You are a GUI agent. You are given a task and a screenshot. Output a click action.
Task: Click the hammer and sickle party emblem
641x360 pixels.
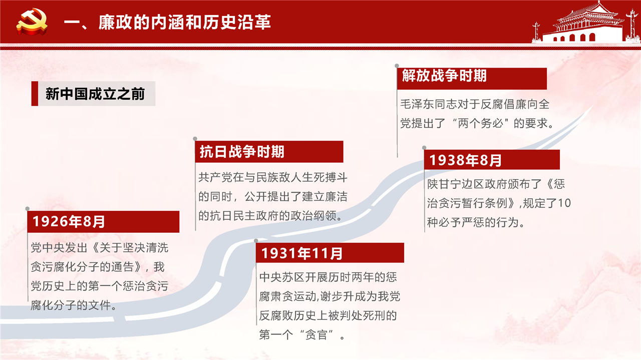(x=32, y=22)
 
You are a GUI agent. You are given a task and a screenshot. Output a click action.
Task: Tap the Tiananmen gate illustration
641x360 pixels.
(x=586, y=23)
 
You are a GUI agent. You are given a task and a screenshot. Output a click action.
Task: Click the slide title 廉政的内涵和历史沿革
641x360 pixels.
(x=185, y=23)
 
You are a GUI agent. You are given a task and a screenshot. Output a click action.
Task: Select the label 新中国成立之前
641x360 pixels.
(x=95, y=94)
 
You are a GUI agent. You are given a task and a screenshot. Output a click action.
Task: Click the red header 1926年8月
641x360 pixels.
(x=103, y=221)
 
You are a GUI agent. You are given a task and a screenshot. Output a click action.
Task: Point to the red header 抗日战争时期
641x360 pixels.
(x=269, y=152)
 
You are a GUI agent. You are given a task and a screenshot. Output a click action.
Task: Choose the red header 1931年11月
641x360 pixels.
(x=330, y=253)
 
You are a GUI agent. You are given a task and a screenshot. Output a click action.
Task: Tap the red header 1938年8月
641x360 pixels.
(x=492, y=160)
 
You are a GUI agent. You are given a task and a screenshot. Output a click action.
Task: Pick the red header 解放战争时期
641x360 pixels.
(x=472, y=79)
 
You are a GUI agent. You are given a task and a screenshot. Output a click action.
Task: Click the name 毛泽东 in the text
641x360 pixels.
(x=417, y=104)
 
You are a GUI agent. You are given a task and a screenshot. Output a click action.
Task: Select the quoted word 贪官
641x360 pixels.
(x=316, y=335)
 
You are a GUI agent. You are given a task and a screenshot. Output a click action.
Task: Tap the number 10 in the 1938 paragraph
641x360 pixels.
(x=564, y=203)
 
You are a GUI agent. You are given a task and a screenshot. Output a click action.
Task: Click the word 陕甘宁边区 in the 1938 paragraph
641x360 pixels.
(x=456, y=184)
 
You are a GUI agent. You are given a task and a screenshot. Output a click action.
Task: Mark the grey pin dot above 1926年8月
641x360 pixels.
(x=28, y=209)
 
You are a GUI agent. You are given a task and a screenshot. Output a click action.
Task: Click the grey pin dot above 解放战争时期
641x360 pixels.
(x=397, y=66)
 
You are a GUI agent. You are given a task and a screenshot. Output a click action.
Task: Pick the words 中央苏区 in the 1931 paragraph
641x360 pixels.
(x=282, y=277)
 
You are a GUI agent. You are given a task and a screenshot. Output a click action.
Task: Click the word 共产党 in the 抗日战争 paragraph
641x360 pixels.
(x=215, y=177)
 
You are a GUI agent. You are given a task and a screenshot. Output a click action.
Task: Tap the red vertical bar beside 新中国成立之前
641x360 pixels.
(x=35, y=94)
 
